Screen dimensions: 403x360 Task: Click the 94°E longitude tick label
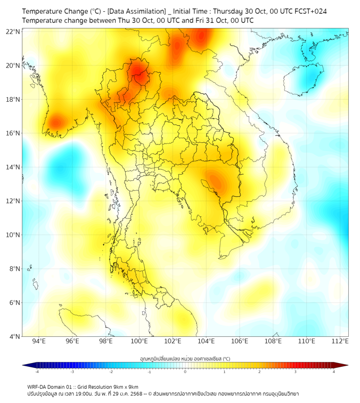[x=39, y=341]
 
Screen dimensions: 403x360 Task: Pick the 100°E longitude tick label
[x=140, y=341]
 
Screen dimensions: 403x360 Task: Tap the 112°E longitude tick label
[x=340, y=341]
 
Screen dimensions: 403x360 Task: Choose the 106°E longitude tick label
[x=240, y=341]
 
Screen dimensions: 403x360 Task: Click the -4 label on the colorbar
[x=37, y=372]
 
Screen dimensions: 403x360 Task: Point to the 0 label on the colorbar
[x=185, y=372]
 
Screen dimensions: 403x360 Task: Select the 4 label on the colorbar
[x=334, y=372]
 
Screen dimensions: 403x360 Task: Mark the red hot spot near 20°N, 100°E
[x=138, y=72]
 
